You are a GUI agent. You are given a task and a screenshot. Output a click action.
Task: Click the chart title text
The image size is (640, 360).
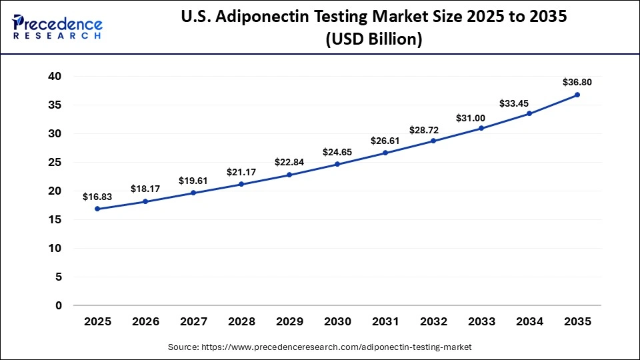click(x=373, y=27)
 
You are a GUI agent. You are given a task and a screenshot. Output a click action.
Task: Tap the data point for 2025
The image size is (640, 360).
click(x=97, y=209)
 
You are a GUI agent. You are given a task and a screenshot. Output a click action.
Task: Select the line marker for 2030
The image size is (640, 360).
click(x=337, y=164)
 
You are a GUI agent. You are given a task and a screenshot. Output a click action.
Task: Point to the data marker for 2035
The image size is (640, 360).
click(x=577, y=95)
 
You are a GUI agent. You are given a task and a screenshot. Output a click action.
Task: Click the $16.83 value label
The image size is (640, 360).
click(x=97, y=197)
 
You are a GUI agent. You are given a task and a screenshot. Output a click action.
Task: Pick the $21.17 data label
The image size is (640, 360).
click(x=241, y=172)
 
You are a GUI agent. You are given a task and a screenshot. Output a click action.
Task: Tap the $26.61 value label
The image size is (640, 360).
click(x=385, y=141)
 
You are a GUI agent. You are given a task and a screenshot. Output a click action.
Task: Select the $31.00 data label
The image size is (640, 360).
click(x=481, y=117)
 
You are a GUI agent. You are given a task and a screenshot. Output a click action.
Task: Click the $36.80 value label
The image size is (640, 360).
click(x=577, y=83)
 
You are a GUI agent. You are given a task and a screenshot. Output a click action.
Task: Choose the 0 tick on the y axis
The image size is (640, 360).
click(x=58, y=305)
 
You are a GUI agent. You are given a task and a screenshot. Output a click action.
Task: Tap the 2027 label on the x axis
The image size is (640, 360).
click(x=193, y=321)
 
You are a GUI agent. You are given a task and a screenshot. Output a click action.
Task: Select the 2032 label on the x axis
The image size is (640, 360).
click(x=433, y=321)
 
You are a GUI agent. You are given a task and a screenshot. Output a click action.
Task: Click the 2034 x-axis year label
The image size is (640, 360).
click(x=529, y=321)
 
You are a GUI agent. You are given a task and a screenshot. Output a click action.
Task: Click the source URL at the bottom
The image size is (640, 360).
click(x=320, y=347)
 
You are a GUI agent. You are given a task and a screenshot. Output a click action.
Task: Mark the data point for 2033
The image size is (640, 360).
click(x=481, y=128)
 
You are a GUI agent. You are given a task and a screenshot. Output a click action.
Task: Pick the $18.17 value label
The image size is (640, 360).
click(x=145, y=189)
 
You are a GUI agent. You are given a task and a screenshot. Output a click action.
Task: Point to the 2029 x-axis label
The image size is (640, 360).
click(x=289, y=321)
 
